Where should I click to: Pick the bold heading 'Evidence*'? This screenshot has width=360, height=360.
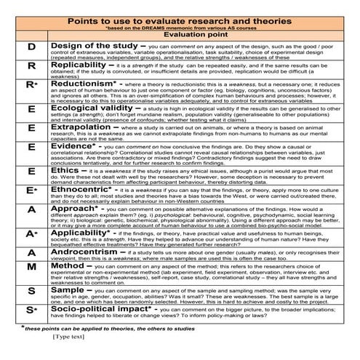click(x=73, y=146)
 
